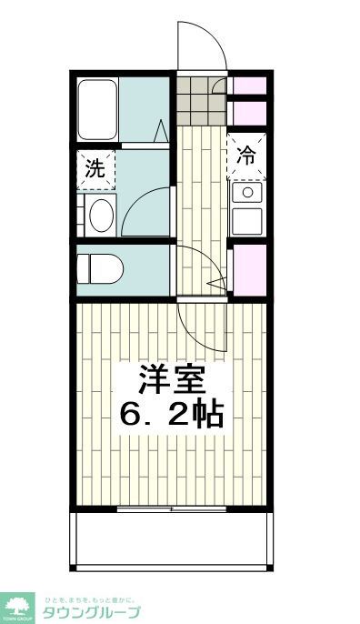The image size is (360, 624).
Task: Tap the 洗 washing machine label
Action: coord(95,168)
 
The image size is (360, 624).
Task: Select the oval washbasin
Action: coord(100,216)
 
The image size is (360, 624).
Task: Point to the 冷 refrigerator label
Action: coord(246,155)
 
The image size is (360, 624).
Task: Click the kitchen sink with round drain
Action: coord(246,193)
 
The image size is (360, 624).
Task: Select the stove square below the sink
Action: coord(246,221)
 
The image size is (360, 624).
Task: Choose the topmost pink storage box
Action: coord(248,86)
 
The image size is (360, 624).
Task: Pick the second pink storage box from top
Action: coord(248,112)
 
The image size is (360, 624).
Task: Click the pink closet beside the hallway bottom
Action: coord(249,270)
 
